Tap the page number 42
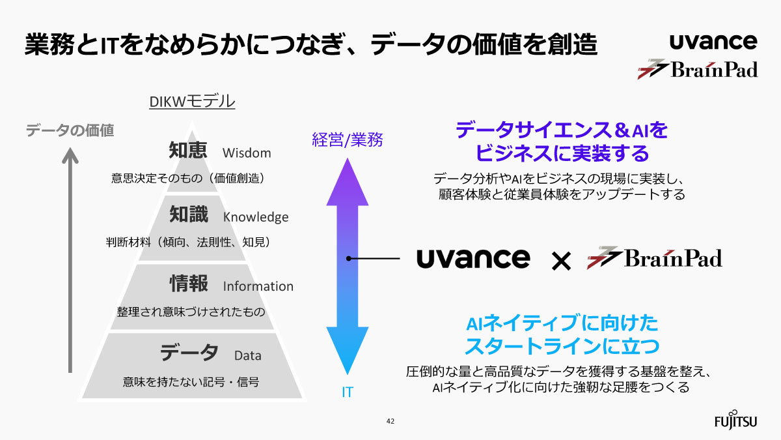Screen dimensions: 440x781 point(390,421)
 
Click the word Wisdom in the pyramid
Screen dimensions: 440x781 point(247,153)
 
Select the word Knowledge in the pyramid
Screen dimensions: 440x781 point(256,217)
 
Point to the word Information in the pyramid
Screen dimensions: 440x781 point(258,286)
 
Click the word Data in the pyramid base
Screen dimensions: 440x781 point(248,356)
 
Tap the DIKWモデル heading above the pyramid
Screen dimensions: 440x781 point(192,102)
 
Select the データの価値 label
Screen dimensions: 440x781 point(70,130)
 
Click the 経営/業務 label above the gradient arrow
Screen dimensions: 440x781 point(348,139)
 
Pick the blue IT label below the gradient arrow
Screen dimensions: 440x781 point(348,392)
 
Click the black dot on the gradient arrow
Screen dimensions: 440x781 point(349,259)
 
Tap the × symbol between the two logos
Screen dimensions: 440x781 point(560,261)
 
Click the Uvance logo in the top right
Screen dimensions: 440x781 point(713,42)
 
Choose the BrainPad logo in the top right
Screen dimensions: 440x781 point(697,68)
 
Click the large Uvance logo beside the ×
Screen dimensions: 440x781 point(473,258)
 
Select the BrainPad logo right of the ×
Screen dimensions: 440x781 point(655,258)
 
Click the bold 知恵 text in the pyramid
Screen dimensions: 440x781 point(188,151)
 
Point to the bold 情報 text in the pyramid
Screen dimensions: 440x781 point(189,284)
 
